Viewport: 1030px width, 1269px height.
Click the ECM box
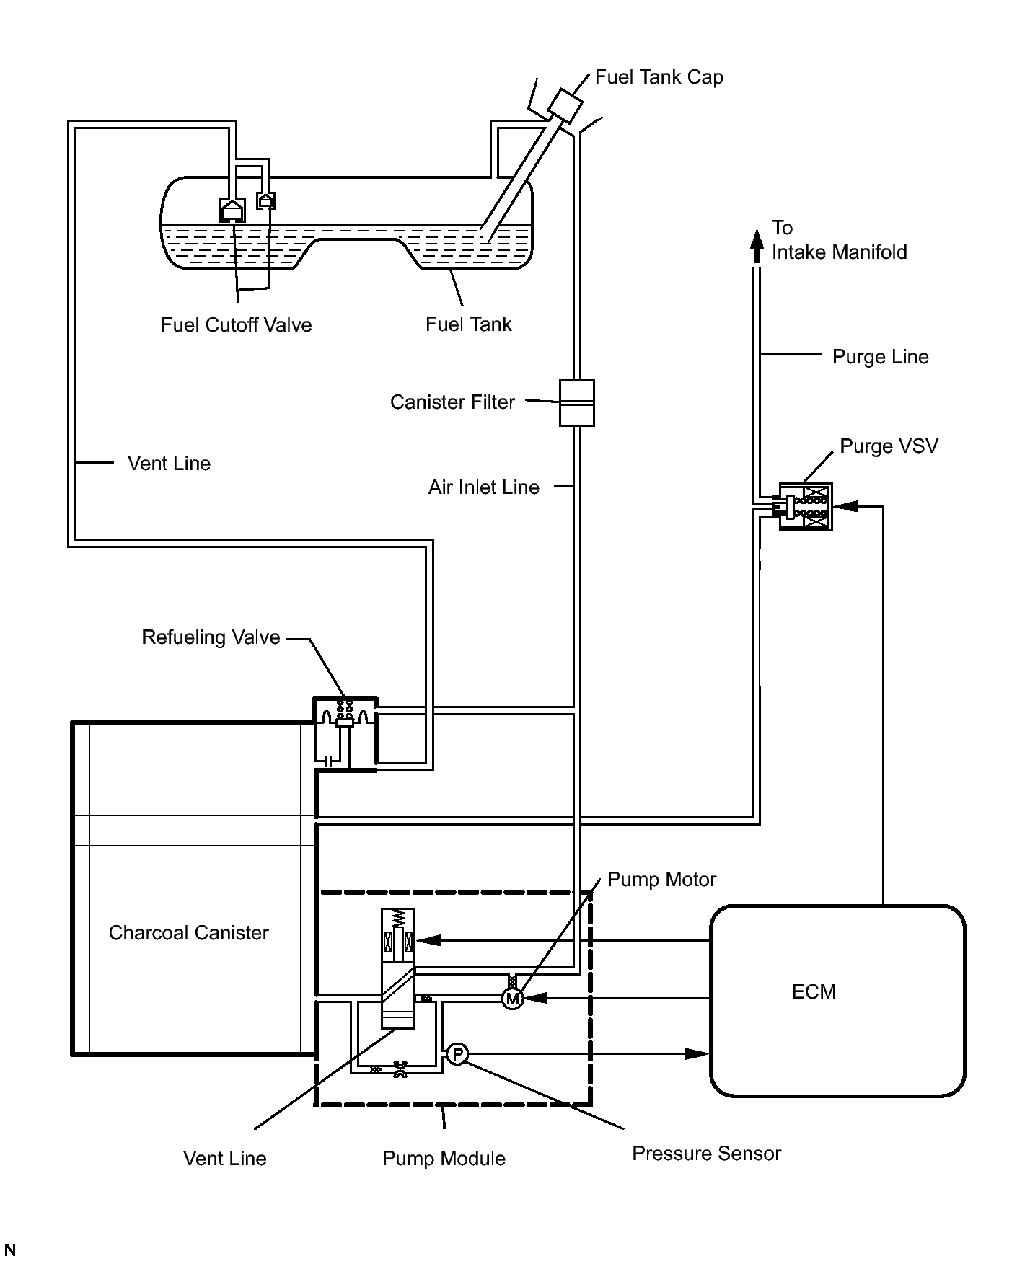837,1001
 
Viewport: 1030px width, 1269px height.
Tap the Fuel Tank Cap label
659,77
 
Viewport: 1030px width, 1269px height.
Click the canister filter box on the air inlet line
577,402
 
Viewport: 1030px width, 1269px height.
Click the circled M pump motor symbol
512,999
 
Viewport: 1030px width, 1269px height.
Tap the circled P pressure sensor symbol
457,1054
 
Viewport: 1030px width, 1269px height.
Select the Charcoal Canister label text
188,933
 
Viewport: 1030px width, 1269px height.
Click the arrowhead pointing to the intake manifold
756,244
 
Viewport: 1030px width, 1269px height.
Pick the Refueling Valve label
211,637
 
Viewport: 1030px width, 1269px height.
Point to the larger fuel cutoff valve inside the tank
232,210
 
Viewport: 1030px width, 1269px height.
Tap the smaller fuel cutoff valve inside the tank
266,200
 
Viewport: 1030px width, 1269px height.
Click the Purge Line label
880,357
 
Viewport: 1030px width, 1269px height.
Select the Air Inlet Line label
483,487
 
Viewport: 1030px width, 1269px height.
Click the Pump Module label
444,1159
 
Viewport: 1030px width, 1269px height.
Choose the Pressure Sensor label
706,1154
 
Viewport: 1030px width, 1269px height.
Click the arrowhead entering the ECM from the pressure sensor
697,1054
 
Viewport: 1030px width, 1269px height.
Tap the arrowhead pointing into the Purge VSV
845,506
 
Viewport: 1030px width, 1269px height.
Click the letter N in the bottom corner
10,1250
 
